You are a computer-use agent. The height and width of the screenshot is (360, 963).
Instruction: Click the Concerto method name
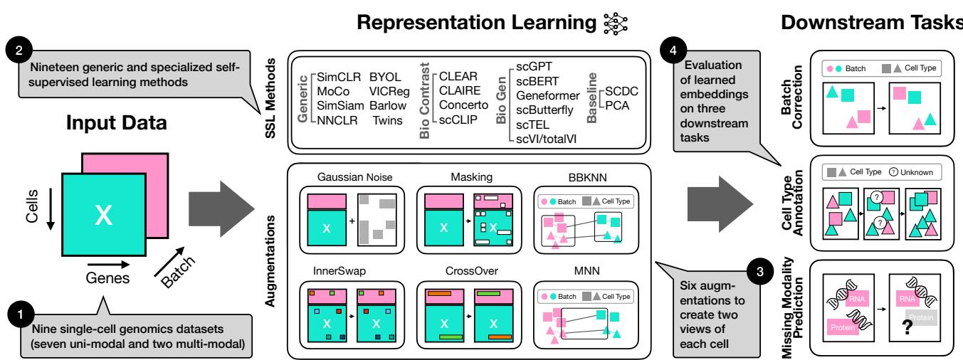(x=463, y=104)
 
